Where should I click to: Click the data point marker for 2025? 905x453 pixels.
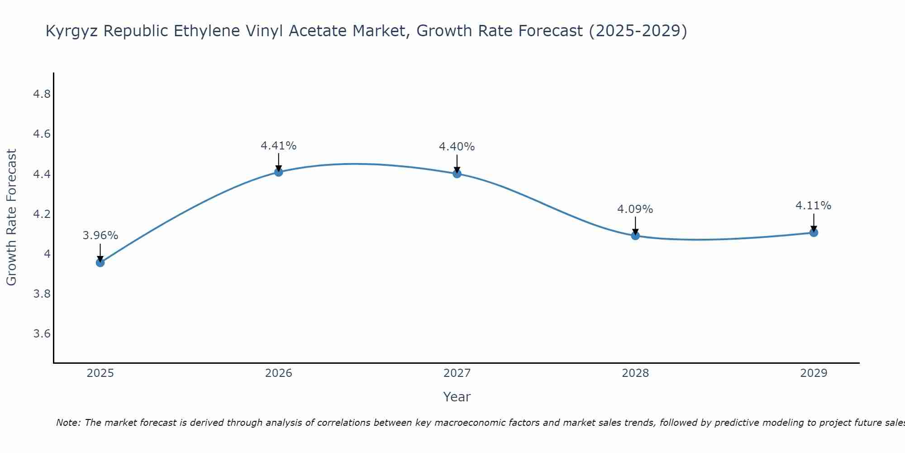pos(100,262)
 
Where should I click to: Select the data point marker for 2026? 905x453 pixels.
pos(278,172)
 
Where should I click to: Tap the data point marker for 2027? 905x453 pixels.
pos(457,173)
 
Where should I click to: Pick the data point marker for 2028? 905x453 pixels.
pos(635,236)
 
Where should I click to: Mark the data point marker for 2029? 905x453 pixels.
pos(814,232)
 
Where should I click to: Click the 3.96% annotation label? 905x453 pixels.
pos(100,236)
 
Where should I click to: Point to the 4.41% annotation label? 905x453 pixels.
pos(278,146)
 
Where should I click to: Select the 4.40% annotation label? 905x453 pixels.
pos(457,147)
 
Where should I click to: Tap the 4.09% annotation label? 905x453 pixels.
pos(635,209)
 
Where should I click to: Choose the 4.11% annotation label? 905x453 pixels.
pos(814,206)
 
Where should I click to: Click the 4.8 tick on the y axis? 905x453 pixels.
pos(42,94)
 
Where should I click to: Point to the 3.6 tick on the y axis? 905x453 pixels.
pos(42,334)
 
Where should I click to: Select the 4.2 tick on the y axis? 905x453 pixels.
pos(42,214)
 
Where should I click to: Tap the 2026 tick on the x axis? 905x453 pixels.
pos(278,373)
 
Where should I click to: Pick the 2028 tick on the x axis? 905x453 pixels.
pos(635,373)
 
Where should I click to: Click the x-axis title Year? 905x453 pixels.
pos(457,397)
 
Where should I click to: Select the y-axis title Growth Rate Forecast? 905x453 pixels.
pos(11,217)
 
